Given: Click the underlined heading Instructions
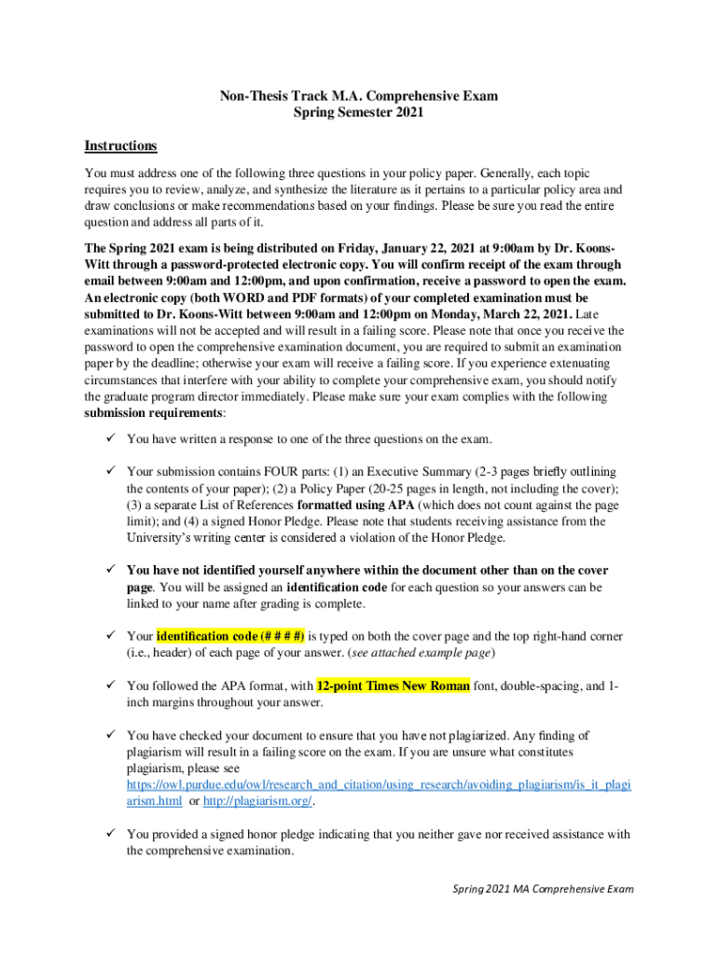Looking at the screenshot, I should click(120, 146).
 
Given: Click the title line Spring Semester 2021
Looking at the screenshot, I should click(358, 113).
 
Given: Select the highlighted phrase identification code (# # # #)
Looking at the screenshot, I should click(230, 636).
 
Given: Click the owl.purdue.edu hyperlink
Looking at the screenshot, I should click(379, 786).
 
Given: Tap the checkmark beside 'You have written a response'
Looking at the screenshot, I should click(109, 438).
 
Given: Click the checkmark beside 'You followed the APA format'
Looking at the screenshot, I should click(109, 686).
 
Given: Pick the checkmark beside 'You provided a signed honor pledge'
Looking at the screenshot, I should click(109, 834).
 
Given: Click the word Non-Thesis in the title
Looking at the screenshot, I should click(254, 96).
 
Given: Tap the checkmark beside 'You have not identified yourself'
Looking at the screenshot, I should click(109, 569).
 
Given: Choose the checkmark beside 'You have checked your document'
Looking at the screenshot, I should click(109, 736).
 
